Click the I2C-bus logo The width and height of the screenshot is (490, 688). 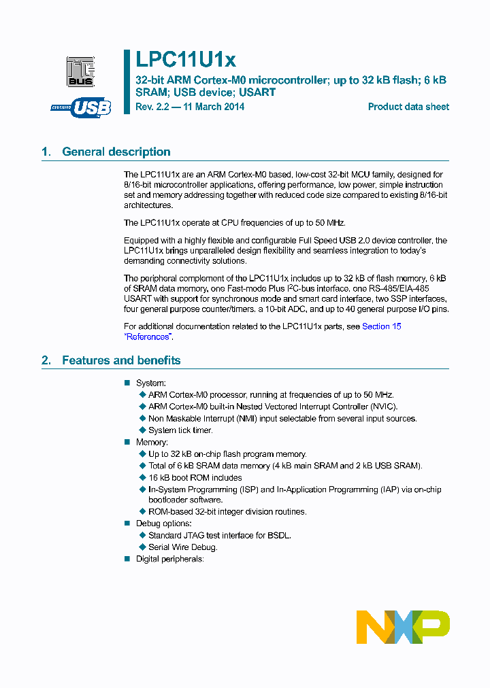point(80,72)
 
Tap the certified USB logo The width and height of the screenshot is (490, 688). point(81,107)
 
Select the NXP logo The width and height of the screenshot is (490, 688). point(403,626)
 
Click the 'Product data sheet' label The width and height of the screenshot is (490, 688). point(408,107)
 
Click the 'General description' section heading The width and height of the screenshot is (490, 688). point(116,152)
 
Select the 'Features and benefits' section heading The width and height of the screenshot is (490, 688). point(121,360)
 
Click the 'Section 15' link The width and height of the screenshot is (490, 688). point(381,326)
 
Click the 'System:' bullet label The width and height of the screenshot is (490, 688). point(150,383)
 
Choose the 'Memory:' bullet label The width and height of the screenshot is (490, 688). point(152,443)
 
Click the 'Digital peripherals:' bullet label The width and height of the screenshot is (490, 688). point(170,559)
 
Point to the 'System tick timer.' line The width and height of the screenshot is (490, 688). point(180,430)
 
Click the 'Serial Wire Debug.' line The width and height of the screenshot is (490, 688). point(183,547)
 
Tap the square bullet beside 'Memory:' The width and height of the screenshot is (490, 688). point(127,443)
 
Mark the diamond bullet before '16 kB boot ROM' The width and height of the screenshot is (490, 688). point(142,478)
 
